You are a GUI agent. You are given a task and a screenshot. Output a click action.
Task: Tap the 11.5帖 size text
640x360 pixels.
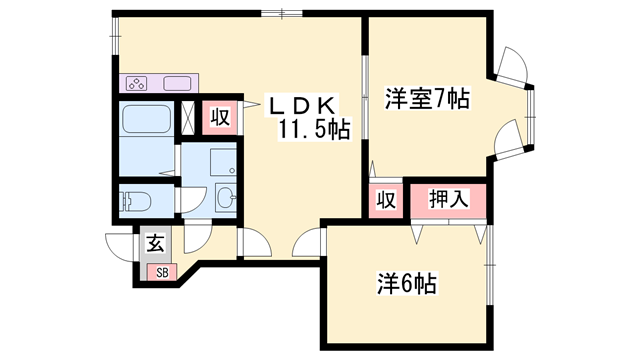[314, 130]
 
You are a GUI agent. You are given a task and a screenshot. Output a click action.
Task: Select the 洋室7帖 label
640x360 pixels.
[426, 100]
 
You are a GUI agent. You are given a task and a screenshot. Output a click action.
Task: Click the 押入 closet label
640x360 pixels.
[449, 198]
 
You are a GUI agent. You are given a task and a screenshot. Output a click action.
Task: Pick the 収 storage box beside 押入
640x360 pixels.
[384, 199]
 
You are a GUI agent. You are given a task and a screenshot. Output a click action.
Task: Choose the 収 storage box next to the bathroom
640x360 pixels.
[220, 117]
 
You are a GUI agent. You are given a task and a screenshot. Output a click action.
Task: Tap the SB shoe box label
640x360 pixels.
[158, 272]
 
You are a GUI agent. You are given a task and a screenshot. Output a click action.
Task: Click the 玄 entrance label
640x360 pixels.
[156, 242]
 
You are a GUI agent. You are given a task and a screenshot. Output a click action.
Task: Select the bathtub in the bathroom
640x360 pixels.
[146, 121]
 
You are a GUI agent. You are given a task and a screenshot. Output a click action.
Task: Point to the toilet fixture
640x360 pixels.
[135, 202]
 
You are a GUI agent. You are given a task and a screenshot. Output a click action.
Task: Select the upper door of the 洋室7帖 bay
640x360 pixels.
[513, 67]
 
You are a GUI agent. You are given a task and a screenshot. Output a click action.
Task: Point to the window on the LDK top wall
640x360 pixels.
[283, 14]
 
